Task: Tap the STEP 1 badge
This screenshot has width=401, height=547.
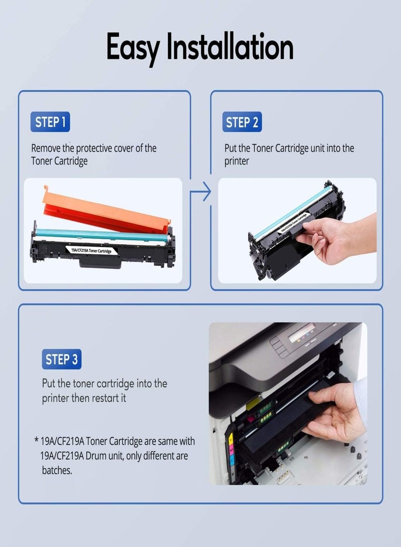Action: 50,122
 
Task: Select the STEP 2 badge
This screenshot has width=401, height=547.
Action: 242,122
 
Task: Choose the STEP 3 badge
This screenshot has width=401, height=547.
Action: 61,359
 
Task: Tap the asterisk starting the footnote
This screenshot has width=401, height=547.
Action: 37,441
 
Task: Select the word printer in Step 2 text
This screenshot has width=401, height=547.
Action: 236,162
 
